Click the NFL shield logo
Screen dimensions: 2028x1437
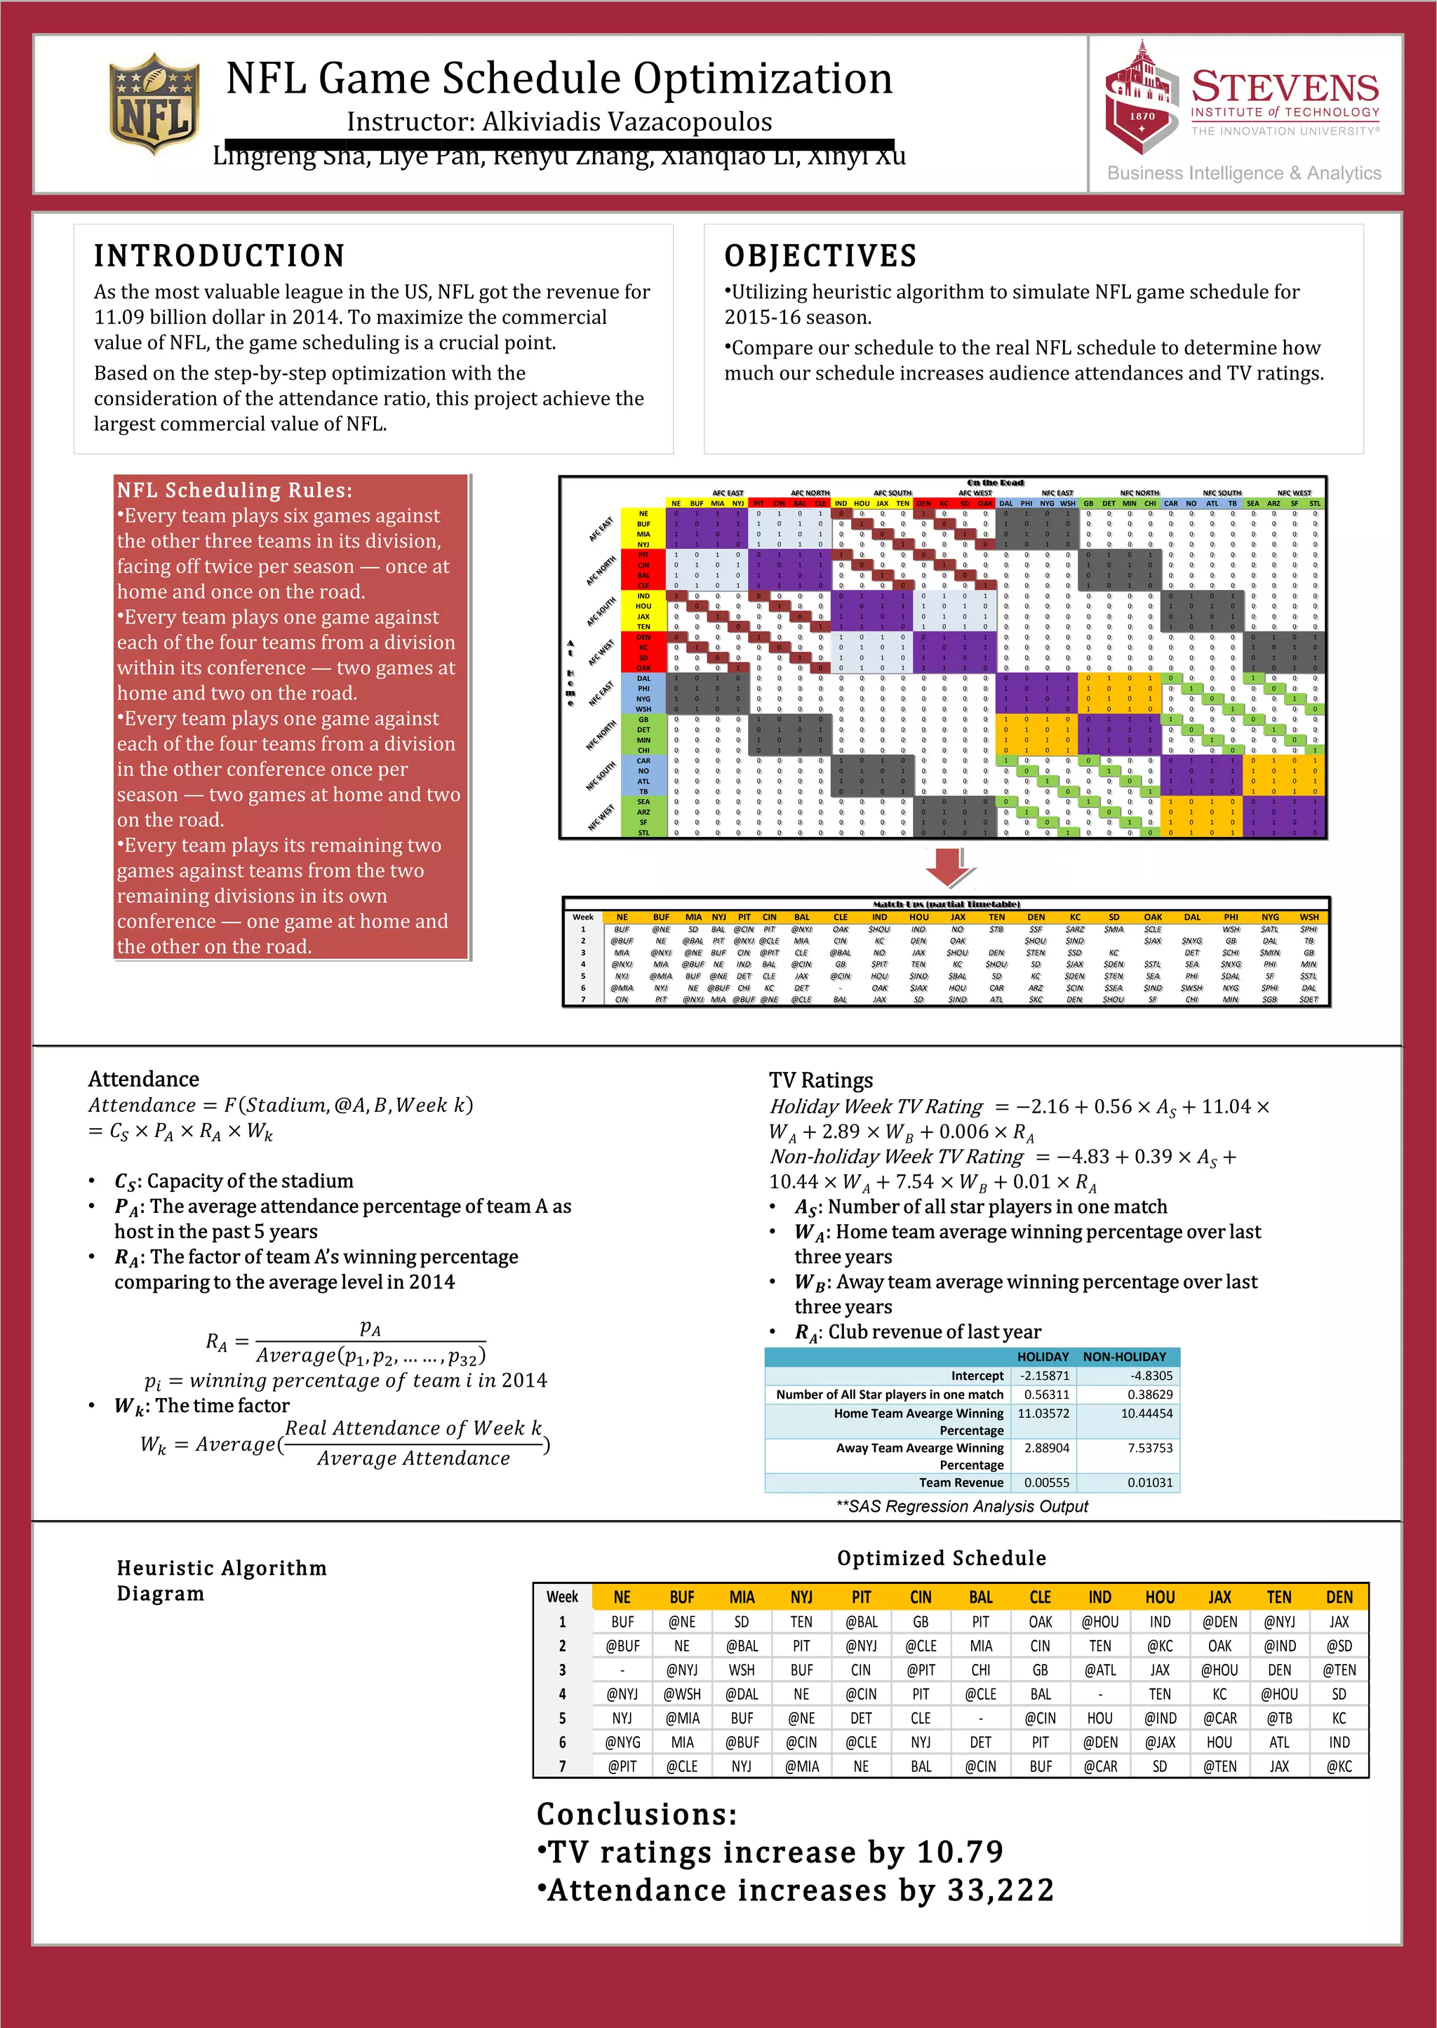click(154, 104)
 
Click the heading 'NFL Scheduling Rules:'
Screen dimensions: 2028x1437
click(234, 490)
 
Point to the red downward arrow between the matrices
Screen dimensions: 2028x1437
click(949, 867)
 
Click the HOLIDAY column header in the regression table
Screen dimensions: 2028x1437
click(1043, 1357)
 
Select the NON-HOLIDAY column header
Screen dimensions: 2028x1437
click(1124, 1357)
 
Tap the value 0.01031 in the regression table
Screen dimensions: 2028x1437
click(1149, 1482)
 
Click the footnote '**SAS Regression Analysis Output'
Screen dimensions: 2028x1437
click(962, 1506)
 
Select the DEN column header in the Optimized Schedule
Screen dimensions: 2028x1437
click(1339, 1597)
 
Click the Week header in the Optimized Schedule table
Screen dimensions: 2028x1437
click(562, 1597)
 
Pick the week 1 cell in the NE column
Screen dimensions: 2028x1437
click(622, 1622)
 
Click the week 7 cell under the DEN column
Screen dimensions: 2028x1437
click(1339, 1766)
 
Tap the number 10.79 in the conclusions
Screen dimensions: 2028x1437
click(959, 1852)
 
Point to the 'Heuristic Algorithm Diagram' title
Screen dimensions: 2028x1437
click(221, 1580)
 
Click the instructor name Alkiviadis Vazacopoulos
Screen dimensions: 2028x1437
click(627, 122)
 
